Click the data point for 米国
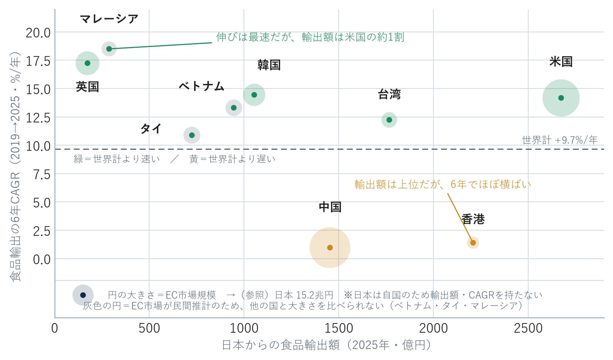pyautogui.click(x=561, y=98)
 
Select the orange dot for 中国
pyautogui.click(x=330, y=248)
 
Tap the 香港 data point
pyautogui.click(x=473, y=243)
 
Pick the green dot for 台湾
pyautogui.click(x=389, y=120)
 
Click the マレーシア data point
pyautogui.click(x=109, y=49)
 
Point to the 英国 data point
pyautogui.click(x=87, y=63)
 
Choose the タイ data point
pyautogui.click(x=192, y=135)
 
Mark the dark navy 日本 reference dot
pyautogui.click(x=83, y=295)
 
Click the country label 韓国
pyautogui.click(x=269, y=65)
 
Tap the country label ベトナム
pyautogui.click(x=202, y=86)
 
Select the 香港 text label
pyautogui.click(x=473, y=219)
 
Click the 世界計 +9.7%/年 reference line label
pyautogui.click(x=559, y=140)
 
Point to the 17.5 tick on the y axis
pyautogui.click(x=38, y=61)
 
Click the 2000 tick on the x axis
pyautogui.click(x=433, y=328)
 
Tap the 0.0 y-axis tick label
pyautogui.click(x=42, y=260)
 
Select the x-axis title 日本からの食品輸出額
pyautogui.click(x=280, y=345)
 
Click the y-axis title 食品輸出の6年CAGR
pyautogui.click(x=15, y=227)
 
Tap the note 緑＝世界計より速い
pyautogui.click(x=117, y=159)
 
